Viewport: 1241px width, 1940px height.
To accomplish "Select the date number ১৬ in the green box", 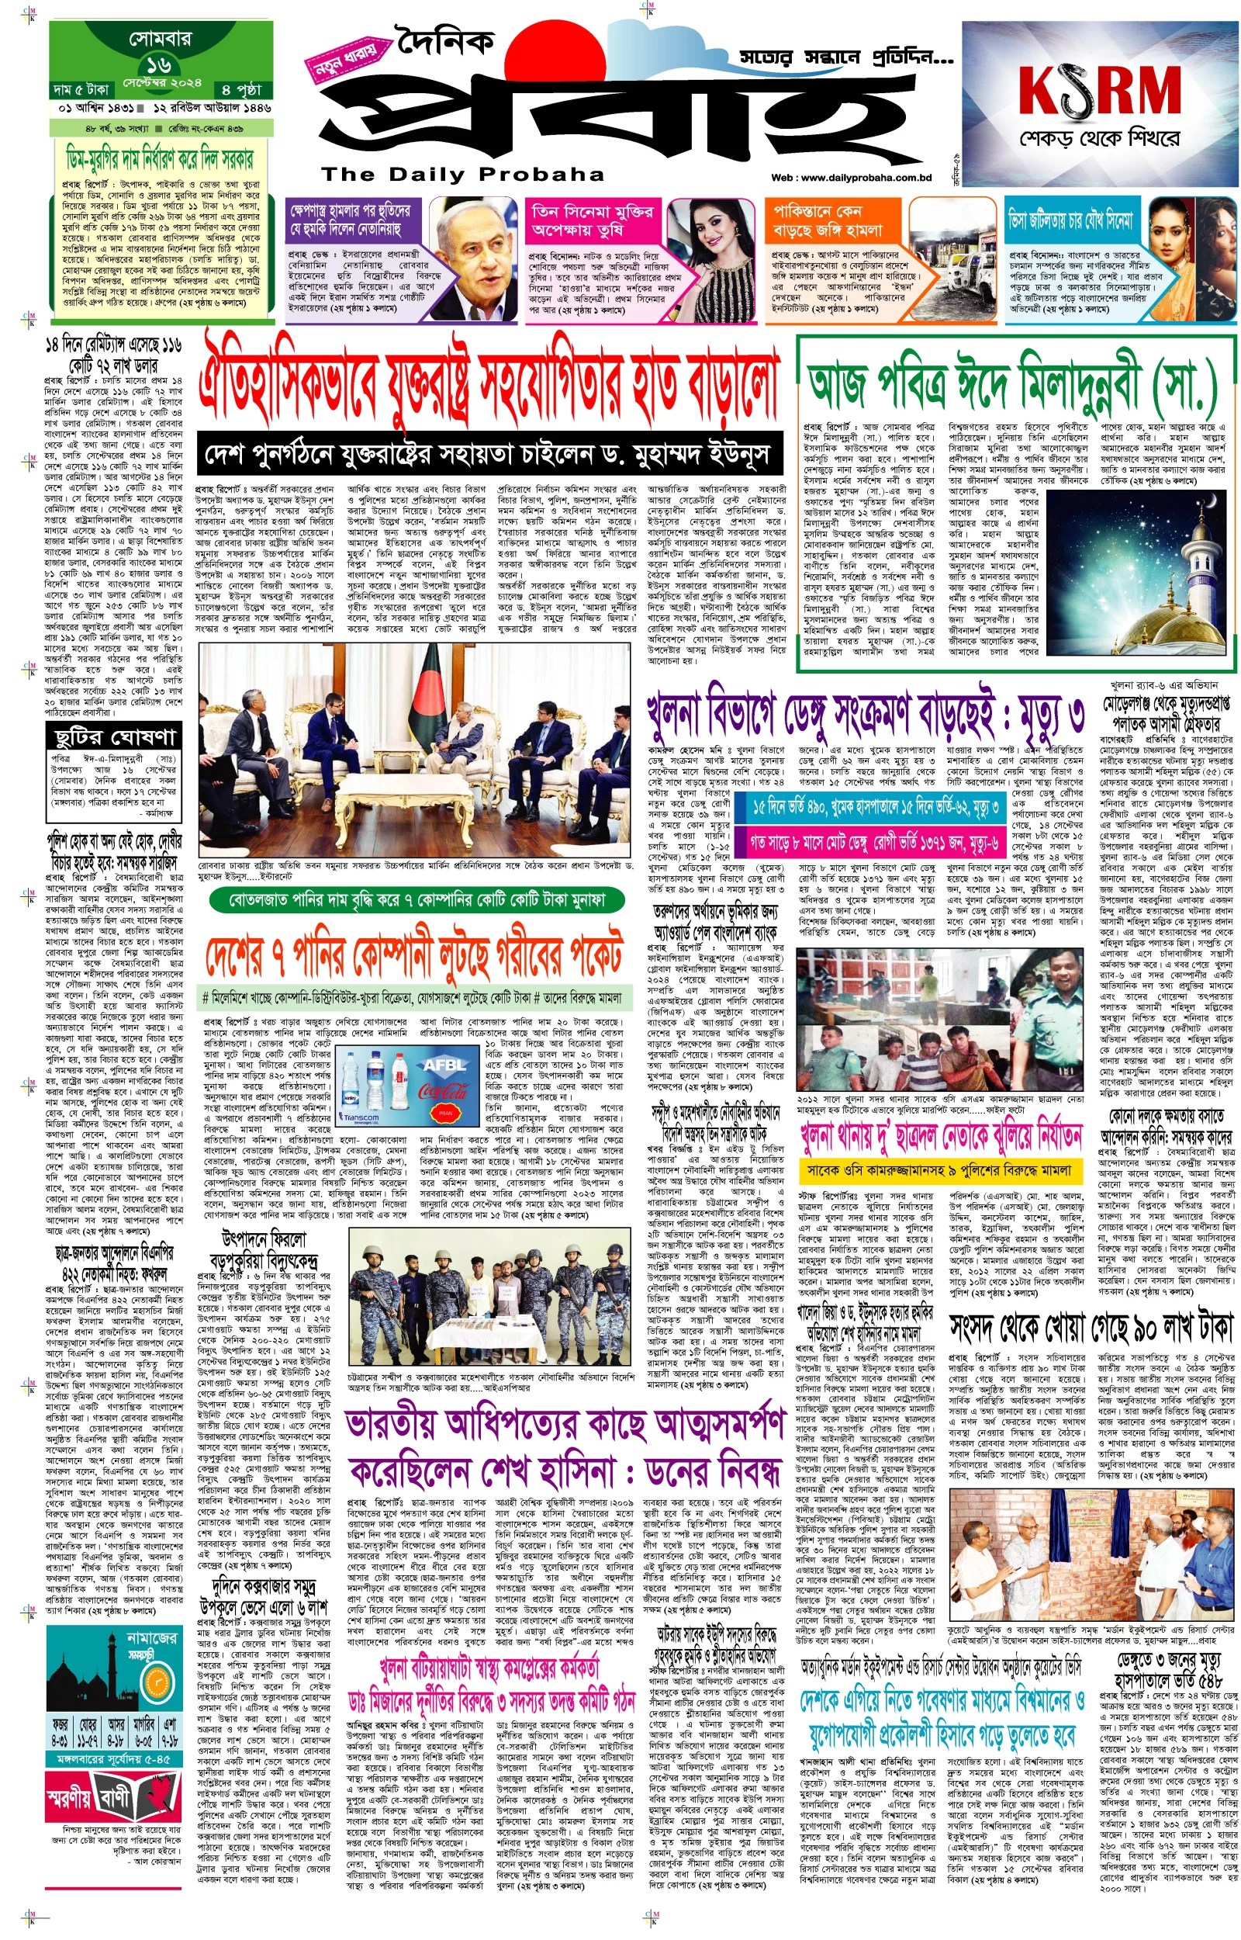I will pos(159,65).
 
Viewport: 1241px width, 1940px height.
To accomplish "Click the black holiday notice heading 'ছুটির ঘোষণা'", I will pos(115,736).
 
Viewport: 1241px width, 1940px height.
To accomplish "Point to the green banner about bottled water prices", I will pos(417,899).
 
